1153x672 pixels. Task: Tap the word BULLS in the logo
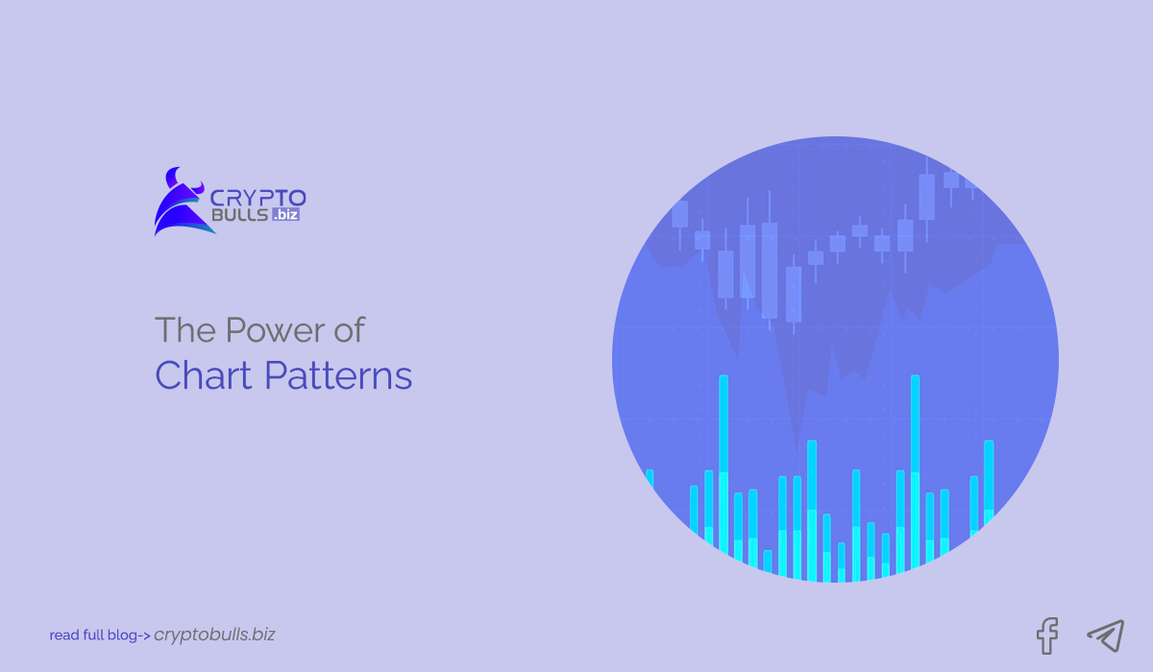pyautogui.click(x=239, y=216)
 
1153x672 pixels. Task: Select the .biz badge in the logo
pyautogui.click(x=286, y=216)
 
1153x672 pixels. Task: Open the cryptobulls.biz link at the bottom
pyautogui.click(x=214, y=635)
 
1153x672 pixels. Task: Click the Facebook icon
pyautogui.click(x=1047, y=635)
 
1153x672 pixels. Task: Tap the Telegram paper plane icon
pyautogui.click(x=1105, y=635)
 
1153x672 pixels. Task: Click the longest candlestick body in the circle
pyautogui.click(x=769, y=271)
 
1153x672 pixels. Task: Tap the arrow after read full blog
pyautogui.click(x=144, y=636)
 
